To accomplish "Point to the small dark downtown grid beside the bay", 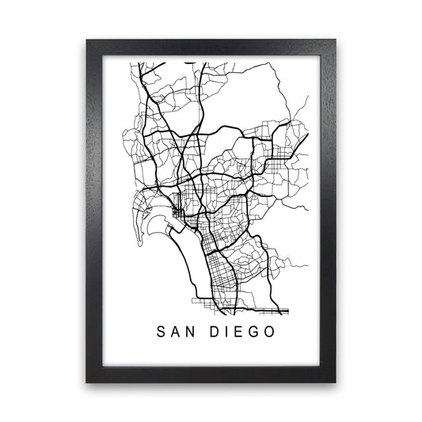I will (x=177, y=215).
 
